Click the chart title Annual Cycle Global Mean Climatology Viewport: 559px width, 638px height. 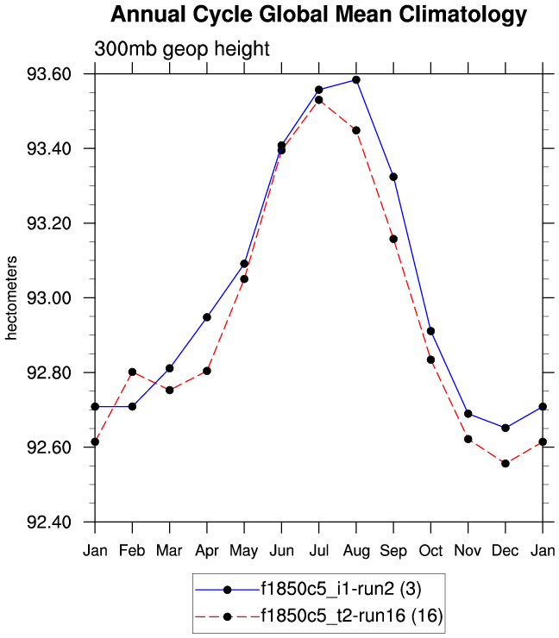pos(318,15)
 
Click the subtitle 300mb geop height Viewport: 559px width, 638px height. pos(181,49)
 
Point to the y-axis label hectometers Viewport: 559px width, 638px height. pos(12,297)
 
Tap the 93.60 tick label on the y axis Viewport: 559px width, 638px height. pos(50,74)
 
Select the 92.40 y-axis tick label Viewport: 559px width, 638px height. pos(50,522)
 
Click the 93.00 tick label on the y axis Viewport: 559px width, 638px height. pos(50,298)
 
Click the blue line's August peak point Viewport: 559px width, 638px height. pos(356,80)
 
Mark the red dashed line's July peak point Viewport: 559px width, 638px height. pos(318,100)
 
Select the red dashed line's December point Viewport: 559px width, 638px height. pos(506,464)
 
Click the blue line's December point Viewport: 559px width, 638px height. pos(506,428)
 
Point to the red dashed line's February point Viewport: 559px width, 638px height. pos(132,372)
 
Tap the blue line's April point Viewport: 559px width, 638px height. pos(207,317)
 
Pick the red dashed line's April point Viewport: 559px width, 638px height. pos(207,371)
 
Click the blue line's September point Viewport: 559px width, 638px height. pos(393,177)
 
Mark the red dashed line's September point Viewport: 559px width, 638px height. pos(393,239)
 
